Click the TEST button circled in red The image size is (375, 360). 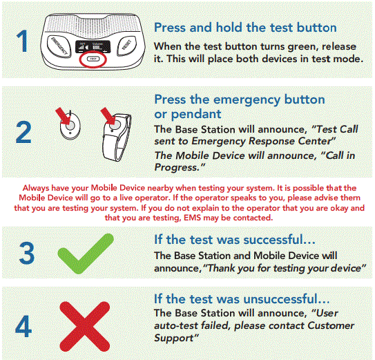(93, 60)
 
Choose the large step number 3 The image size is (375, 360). (26, 253)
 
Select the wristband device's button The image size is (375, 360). (113, 126)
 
